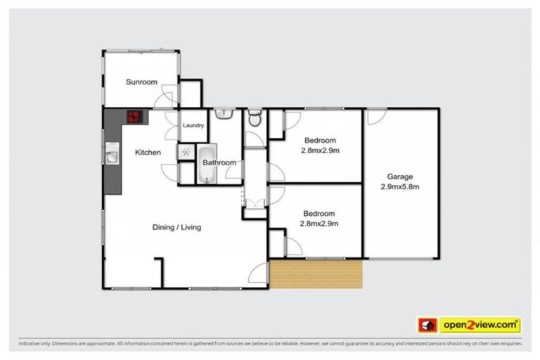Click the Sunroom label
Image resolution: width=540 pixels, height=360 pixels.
pyautogui.click(x=141, y=82)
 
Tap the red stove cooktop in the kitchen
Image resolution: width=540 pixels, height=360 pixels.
pyautogui.click(x=134, y=117)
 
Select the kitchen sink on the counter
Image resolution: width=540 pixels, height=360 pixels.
pyautogui.click(x=111, y=153)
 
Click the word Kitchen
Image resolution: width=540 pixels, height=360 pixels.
pyautogui.click(x=148, y=153)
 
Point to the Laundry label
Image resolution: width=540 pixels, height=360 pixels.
pyautogui.click(x=193, y=126)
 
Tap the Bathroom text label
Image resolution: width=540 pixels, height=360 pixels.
pyautogui.click(x=219, y=163)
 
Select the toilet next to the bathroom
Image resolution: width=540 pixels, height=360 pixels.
pyautogui.click(x=254, y=119)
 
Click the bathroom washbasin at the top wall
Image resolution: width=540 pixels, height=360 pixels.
pyautogui.click(x=224, y=112)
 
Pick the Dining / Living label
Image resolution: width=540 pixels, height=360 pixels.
pyautogui.click(x=177, y=227)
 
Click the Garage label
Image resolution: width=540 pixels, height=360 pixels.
pyautogui.click(x=399, y=176)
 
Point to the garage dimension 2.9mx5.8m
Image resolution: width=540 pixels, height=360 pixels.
pyautogui.click(x=399, y=187)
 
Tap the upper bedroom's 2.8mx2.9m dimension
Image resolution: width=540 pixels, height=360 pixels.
pyautogui.click(x=320, y=150)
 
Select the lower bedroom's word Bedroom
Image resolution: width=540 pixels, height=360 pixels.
pyautogui.click(x=319, y=214)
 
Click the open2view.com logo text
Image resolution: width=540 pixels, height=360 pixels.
pyautogui.click(x=480, y=325)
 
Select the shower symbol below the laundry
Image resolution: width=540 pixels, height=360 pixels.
pyautogui.click(x=186, y=152)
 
